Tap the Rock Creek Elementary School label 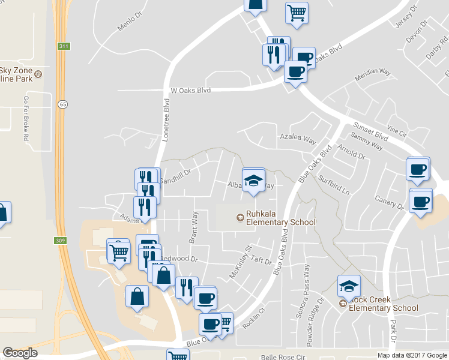(x=382, y=304)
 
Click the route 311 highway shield (x=63, y=46)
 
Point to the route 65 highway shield (x=62, y=104)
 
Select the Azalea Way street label (x=298, y=138)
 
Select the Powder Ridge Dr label (x=321, y=313)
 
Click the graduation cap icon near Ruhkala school (x=253, y=179)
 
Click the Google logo (x=20, y=353)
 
